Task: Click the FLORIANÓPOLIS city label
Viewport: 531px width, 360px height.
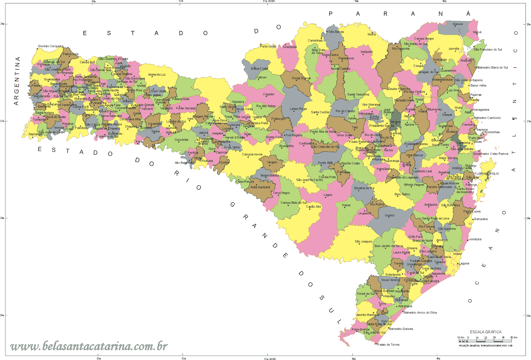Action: pos(487,174)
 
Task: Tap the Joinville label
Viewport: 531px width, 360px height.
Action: pos(454,49)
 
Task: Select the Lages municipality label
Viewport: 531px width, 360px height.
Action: pos(328,195)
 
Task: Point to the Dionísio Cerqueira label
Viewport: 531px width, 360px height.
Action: pos(51,46)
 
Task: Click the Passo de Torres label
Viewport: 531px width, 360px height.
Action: pos(388,345)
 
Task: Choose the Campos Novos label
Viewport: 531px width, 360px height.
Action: pos(252,154)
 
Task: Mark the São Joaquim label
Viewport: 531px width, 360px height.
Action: pos(363,241)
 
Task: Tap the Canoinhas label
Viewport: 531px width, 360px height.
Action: pos(315,40)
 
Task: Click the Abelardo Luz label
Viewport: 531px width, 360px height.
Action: pos(157,74)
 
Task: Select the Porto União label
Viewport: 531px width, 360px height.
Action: pos(268,46)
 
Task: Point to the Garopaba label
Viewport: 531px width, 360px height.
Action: pos(481,219)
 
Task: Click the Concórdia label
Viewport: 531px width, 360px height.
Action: pos(181,140)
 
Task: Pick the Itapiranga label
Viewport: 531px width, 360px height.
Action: pos(36,134)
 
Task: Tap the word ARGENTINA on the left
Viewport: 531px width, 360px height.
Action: pos(17,81)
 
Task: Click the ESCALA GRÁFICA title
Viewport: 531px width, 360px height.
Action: pos(486,332)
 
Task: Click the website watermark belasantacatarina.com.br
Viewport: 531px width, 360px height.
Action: pos(89,346)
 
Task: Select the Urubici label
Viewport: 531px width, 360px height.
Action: pos(390,215)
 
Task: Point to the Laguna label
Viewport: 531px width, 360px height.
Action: pos(464,263)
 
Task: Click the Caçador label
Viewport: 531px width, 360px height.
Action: pos(269,94)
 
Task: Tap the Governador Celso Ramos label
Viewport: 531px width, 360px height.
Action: pos(491,154)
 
